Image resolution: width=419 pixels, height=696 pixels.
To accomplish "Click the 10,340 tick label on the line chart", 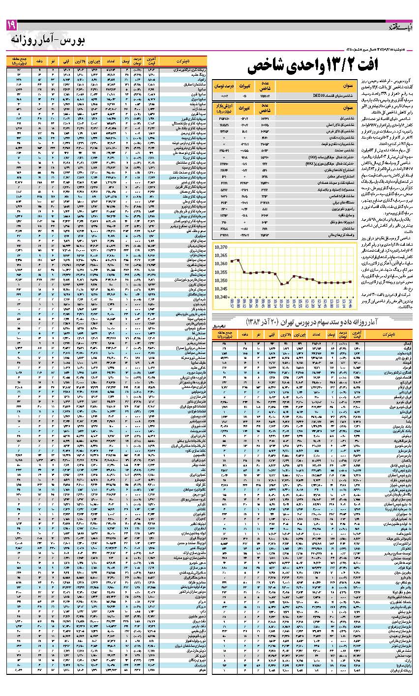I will click(x=221, y=297).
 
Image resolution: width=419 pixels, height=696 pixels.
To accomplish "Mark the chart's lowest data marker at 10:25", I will click(x=282, y=284).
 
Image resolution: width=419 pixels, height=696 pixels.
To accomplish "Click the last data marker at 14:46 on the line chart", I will click(x=350, y=282).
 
